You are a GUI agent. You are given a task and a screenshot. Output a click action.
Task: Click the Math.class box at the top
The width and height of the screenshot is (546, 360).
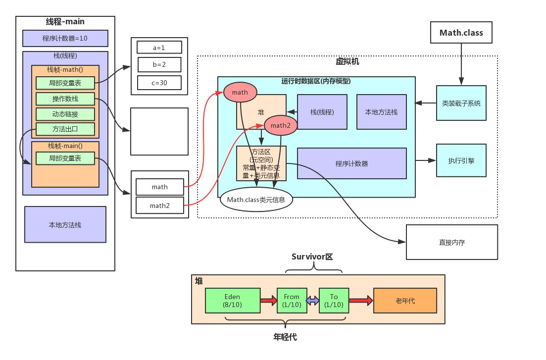point(461,33)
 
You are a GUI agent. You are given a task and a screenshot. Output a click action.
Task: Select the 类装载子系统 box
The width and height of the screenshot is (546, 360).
point(461,103)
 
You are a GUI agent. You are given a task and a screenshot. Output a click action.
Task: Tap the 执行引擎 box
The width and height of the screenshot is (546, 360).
point(461,160)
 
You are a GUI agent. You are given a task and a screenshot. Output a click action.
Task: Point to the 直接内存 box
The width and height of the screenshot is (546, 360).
point(451,242)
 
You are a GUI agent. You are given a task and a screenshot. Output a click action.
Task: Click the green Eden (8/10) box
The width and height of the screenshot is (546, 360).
point(233,301)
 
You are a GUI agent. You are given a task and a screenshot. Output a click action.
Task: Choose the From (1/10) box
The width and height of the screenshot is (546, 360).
point(292,301)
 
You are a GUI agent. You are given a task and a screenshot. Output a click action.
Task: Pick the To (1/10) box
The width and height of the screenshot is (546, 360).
point(334,301)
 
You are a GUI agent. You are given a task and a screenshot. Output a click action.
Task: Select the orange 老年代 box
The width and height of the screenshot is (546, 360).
point(405,301)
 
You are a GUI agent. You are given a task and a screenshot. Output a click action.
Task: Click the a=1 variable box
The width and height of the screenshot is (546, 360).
point(159,48)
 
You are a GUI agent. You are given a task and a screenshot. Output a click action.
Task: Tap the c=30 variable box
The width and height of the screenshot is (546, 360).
point(159,83)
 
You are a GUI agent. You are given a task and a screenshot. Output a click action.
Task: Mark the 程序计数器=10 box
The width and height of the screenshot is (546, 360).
point(65,38)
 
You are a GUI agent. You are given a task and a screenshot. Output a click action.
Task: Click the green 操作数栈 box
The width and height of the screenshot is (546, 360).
point(65,99)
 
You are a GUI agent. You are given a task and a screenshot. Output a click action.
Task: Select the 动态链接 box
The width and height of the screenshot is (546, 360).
point(65,114)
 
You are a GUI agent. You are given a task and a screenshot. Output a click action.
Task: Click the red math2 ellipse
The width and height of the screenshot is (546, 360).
point(280,125)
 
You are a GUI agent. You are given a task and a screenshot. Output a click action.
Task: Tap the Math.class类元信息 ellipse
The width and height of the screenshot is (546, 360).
point(256,200)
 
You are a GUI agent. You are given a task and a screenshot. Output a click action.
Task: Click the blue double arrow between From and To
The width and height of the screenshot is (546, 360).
point(312,301)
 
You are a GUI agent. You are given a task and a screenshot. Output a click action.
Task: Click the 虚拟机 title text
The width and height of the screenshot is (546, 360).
point(347,62)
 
